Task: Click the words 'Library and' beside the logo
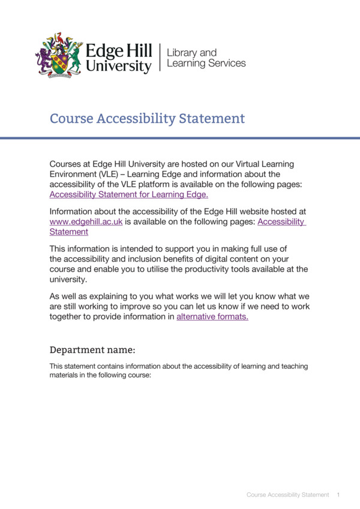(x=191, y=52)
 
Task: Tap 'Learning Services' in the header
(x=206, y=63)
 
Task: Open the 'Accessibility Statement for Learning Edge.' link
(x=128, y=194)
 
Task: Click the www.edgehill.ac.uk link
(x=86, y=221)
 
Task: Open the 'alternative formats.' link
(x=212, y=317)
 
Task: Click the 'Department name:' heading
(x=92, y=350)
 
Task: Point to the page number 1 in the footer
(x=339, y=495)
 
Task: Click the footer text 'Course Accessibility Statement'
(x=287, y=495)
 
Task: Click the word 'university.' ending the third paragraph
(x=68, y=279)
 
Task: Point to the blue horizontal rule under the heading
(x=180, y=138)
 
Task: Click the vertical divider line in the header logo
(x=160, y=57)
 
